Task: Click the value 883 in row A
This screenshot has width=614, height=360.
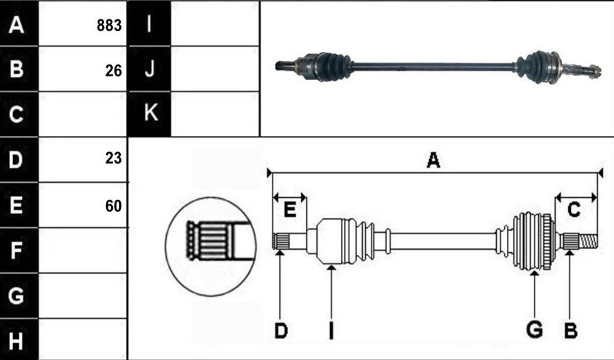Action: click(x=109, y=26)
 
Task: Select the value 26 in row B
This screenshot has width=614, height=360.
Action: click(x=113, y=71)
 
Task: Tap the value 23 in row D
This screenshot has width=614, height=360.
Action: click(x=113, y=158)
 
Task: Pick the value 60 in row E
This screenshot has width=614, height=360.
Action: click(x=113, y=206)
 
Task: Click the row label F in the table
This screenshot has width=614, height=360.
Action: click(x=16, y=250)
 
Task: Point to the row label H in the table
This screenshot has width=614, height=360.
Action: click(x=16, y=341)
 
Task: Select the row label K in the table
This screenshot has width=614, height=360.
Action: click(x=150, y=113)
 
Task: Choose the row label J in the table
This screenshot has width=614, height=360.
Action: click(x=149, y=69)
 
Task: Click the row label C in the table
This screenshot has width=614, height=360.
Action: click(x=16, y=114)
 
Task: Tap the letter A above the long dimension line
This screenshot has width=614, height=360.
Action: click(x=433, y=160)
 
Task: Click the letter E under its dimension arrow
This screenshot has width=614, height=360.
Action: click(x=289, y=210)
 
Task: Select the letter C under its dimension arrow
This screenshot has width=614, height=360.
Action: click(x=574, y=210)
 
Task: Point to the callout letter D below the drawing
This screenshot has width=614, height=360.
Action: click(x=281, y=331)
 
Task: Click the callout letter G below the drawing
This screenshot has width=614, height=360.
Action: click(x=534, y=329)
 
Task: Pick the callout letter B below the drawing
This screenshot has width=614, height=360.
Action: click(x=571, y=331)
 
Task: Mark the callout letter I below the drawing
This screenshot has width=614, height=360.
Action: click(x=331, y=331)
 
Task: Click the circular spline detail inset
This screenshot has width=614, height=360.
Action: click(x=211, y=247)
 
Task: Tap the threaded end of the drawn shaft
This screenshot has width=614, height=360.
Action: click(x=588, y=241)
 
